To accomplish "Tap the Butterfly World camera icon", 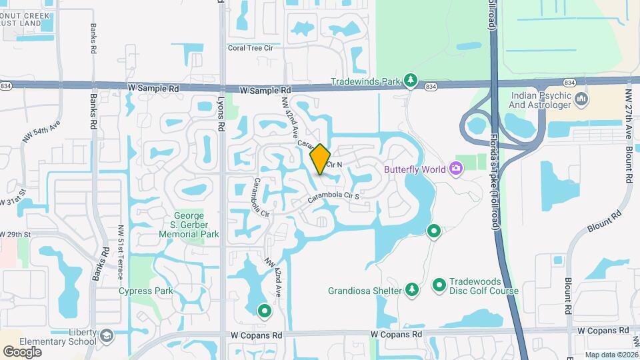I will pos(457,168).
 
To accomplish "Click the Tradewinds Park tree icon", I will pos(411,81).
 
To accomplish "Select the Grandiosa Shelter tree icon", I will pos(413,289).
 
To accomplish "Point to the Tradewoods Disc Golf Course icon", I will pos(439,285).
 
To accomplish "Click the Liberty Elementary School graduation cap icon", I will pos(107,340).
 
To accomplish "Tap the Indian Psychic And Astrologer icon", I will pos(583,99).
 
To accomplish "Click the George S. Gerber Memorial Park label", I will pos(196,225).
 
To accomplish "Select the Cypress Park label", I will pos(145,291).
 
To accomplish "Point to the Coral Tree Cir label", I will pos(251,48).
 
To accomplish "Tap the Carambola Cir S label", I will pos(333,197).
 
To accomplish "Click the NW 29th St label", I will pos(20,235).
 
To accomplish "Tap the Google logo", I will pos(22,351).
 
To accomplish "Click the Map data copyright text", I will pos(611,355).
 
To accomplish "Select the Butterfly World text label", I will pos(414,169).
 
